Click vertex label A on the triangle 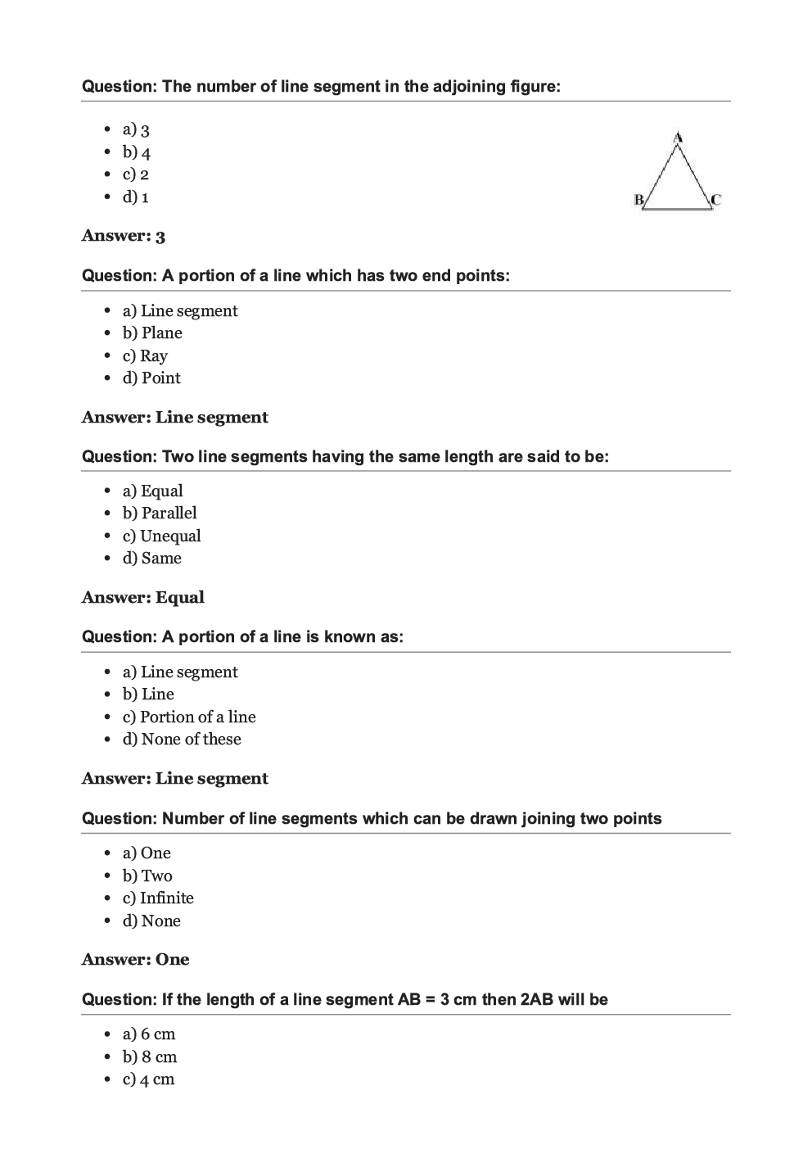(678, 138)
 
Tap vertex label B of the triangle (638, 199)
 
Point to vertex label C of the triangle (715, 199)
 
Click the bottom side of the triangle (677, 209)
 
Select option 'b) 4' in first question (137, 152)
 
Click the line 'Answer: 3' (124, 237)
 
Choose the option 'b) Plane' (152, 333)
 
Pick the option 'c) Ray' (145, 356)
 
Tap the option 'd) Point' (151, 378)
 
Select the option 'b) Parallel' (160, 513)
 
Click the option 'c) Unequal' (161, 536)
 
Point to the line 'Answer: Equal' (143, 598)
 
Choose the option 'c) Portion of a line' (189, 717)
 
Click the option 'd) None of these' (182, 740)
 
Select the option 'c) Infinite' (158, 898)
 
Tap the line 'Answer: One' (135, 960)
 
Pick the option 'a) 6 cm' (149, 1034)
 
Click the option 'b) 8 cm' (150, 1057)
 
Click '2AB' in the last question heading (537, 1000)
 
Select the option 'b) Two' (147, 876)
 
